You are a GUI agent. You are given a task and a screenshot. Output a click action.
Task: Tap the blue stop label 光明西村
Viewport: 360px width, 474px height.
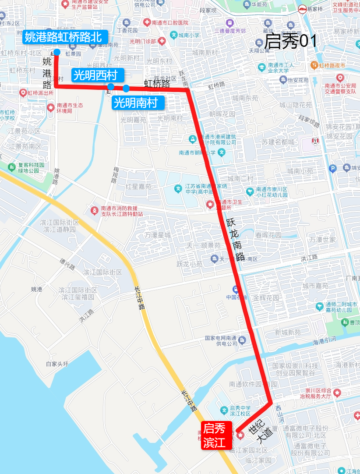point(98,75)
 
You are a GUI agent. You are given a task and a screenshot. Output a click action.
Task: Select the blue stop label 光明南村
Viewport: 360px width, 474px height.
point(138,103)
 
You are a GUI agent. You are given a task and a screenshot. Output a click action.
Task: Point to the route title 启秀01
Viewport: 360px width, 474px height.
point(290,41)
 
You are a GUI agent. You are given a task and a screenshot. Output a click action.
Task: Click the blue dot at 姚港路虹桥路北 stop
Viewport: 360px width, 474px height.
point(56,52)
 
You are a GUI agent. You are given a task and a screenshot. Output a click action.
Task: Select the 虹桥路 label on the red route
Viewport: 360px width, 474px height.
point(157,82)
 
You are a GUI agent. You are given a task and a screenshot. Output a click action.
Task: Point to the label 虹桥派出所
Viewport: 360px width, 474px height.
point(40,93)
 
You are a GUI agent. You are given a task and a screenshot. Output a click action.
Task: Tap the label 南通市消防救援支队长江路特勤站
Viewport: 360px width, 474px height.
point(122,211)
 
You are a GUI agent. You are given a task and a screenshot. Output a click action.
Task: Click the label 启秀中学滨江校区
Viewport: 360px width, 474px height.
point(240,410)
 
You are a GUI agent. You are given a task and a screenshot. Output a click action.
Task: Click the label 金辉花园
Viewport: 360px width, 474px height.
point(266,298)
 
